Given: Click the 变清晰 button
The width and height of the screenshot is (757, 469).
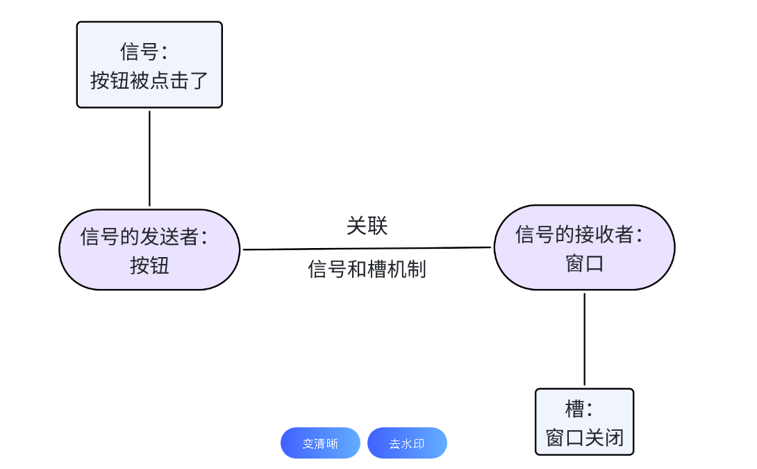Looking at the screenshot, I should click(x=320, y=443).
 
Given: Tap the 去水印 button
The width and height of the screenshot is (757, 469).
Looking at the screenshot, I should click(x=407, y=443).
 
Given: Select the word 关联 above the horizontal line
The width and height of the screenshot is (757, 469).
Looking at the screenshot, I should click(x=367, y=226).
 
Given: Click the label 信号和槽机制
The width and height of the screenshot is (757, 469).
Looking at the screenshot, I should click(x=367, y=269).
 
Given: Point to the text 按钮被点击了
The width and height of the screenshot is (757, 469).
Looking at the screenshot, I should click(x=149, y=81).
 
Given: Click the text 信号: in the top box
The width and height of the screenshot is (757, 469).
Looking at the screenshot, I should click(x=144, y=51).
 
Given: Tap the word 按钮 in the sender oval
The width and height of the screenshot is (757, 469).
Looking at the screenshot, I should click(x=149, y=265).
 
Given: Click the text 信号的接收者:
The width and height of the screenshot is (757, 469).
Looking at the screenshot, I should click(x=579, y=234).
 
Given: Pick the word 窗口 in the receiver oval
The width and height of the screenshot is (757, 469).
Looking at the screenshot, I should click(x=584, y=263).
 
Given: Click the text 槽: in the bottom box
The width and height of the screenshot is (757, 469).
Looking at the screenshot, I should click(x=579, y=409).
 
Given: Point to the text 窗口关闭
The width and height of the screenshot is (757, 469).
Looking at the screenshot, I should click(x=585, y=438).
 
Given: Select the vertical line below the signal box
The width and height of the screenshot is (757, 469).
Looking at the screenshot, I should click(x=149, y=158).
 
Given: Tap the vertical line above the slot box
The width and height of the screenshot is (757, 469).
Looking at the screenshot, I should click(x=584, y=339).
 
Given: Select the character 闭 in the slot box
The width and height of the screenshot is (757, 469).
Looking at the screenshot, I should click(x=614, y=438).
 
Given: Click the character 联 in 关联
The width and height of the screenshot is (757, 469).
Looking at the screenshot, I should click(x=377, y=226).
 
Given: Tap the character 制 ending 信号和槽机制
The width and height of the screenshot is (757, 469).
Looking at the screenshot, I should click(x=417, y=269).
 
